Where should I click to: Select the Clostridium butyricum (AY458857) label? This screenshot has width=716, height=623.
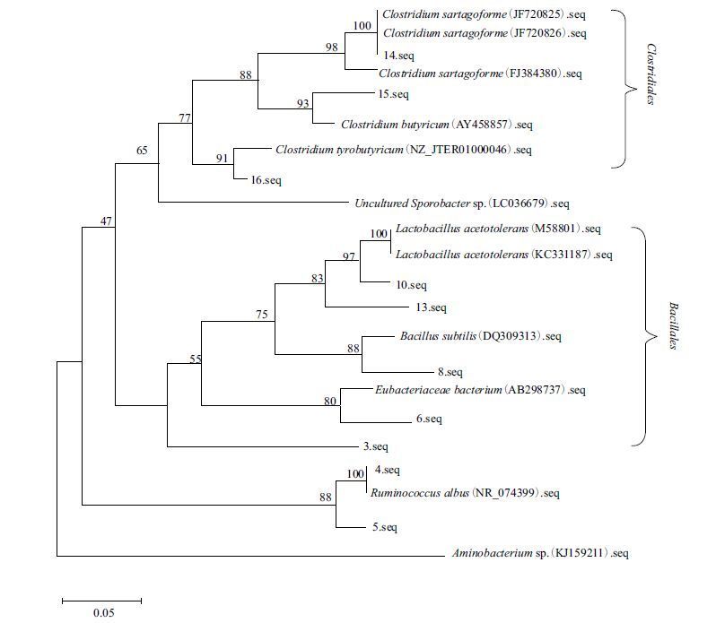(x=420, y=125)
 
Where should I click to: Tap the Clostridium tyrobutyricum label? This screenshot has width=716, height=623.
(x=404, y=150)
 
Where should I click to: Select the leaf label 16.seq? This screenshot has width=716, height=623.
(x=266, y=180)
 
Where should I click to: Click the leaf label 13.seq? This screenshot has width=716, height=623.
(x=431, y=308)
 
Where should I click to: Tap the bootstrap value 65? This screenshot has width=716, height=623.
(x=142, y=151)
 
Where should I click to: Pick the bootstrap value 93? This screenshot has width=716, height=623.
(x=303, y=104)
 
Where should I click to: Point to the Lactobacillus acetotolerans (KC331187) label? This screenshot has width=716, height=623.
(x=503, y=255)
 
